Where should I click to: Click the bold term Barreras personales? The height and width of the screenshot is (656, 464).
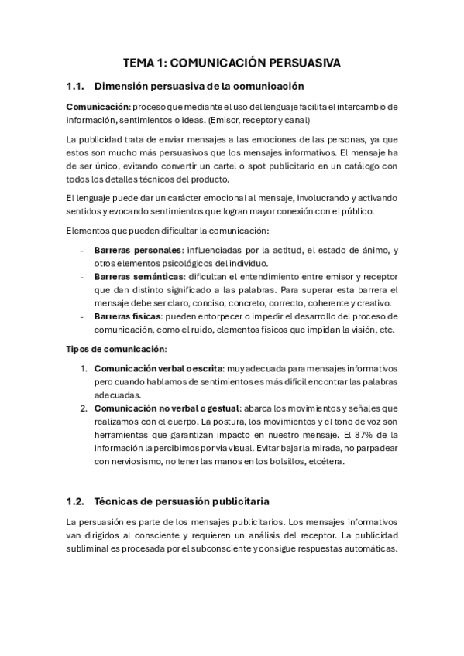tap(137, 250)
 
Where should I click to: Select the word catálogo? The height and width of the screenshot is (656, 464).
tap(356, 166)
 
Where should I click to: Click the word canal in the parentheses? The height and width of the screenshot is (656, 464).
tap(296, 120)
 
